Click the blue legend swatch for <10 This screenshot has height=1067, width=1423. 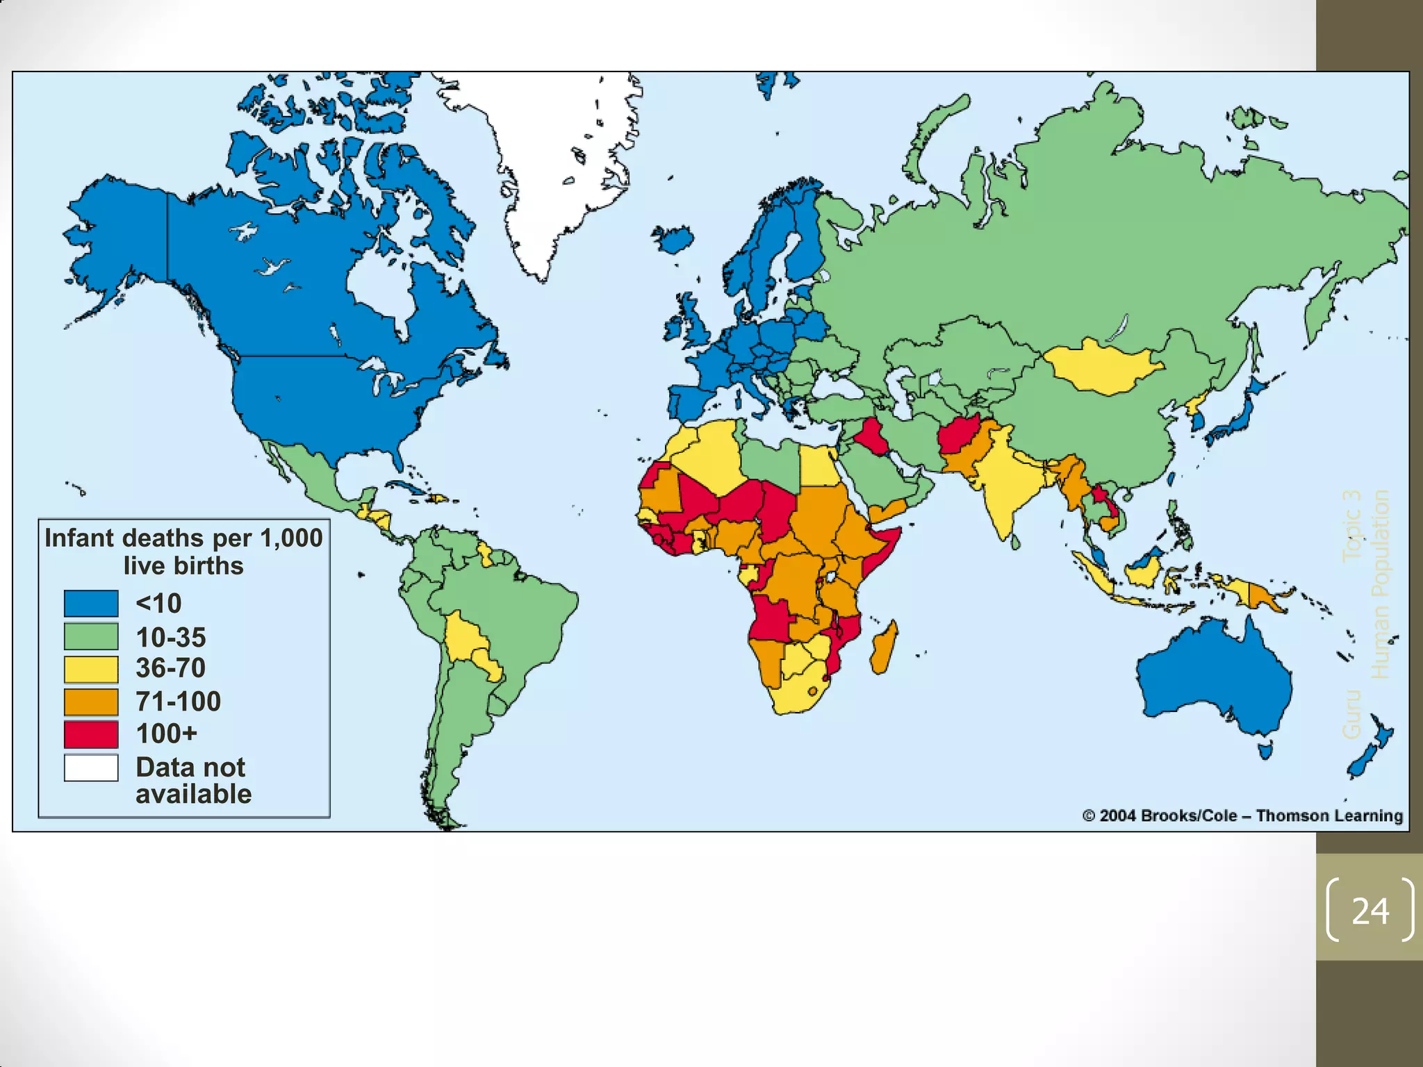[x=91, y=603]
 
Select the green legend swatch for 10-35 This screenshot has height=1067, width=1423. [x=91, y=636]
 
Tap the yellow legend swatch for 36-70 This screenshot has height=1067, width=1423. [x=91, y=669]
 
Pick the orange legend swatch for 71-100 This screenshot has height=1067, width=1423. [x=91, y=702]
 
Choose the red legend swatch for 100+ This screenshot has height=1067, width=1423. [x=91, y=734]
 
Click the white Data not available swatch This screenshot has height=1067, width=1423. [x=91, y=768]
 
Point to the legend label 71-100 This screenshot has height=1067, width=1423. [x=178, y=702]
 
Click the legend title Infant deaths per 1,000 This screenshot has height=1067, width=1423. [x=183, y=538]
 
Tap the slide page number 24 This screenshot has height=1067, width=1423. [x=1369, y=911]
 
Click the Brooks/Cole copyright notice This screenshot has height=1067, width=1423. [x=1242, y=816]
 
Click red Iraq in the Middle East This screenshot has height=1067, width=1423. [x=869, y=438]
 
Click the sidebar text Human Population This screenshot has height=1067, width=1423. [x=1380, y=584]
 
